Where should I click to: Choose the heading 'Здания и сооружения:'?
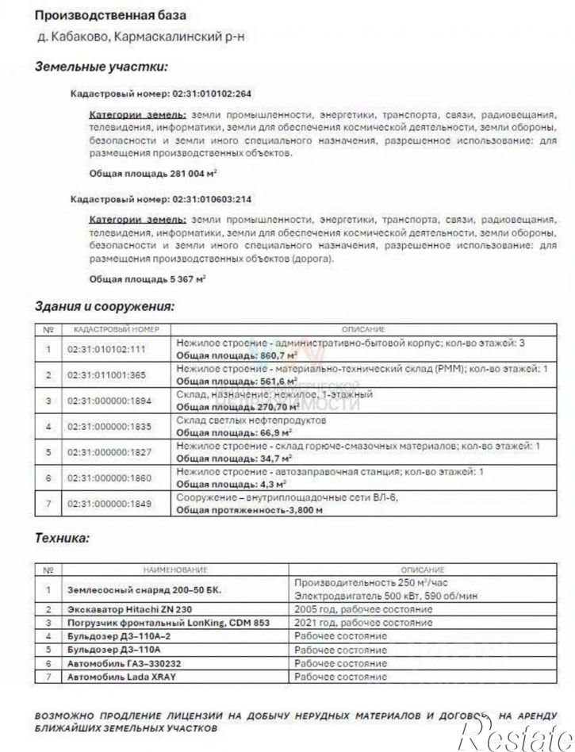click(104, 305)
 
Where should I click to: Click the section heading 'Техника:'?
click(62, 538)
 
